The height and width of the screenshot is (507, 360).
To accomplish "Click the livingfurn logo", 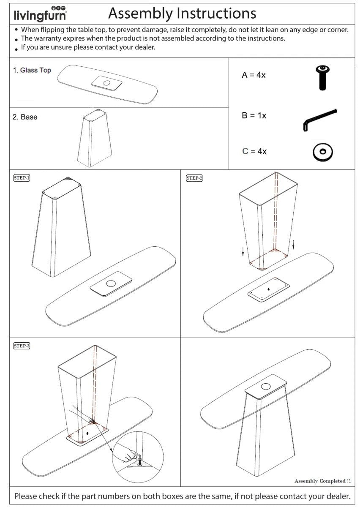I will [x=40, y=14].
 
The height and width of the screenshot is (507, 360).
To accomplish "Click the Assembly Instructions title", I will [x=182, y=14].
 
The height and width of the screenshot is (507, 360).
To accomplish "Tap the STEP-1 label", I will [x=22, y=178].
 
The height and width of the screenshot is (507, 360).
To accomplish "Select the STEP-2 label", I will [x=194, y=178].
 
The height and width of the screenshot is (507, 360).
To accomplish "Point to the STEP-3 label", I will [x=22, y=346].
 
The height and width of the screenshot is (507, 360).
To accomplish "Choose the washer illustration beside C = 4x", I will [x=323, y=152].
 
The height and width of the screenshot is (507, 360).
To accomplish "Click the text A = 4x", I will [x=254, y=76].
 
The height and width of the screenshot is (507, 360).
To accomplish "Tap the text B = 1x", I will [x=254, y=115].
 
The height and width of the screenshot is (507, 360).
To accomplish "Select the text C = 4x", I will [x=254, y=151].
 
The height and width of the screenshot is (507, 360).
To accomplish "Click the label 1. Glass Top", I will [x=32, y=70].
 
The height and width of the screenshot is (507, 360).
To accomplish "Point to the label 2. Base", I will [x=25, y=117].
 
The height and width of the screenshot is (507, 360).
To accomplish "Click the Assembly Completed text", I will [x=323, y=481].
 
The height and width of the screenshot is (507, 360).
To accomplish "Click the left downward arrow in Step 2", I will [x=243, y=252].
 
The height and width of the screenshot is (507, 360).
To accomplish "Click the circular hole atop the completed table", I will [x=266, y=385].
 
